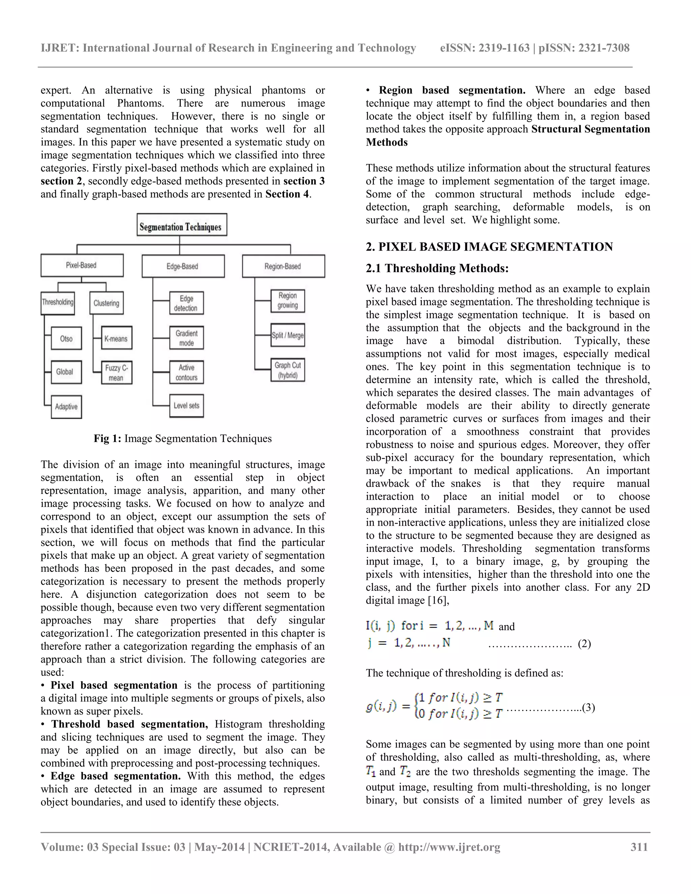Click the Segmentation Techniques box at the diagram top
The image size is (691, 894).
182,225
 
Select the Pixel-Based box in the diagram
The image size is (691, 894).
82,265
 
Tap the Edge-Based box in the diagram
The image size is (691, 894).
183,266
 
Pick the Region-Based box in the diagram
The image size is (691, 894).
283,266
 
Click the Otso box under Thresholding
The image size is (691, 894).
66,338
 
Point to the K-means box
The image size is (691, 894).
117,338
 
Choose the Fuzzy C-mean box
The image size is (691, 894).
117,372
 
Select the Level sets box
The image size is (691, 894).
186,406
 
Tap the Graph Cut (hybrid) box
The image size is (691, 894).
287,370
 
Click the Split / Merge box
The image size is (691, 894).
287,335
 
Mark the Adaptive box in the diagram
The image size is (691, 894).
66,407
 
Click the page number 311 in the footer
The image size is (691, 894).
639,847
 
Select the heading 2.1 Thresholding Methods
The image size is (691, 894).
437,268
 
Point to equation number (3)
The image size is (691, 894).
588,707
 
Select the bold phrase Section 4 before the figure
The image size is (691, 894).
287,194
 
